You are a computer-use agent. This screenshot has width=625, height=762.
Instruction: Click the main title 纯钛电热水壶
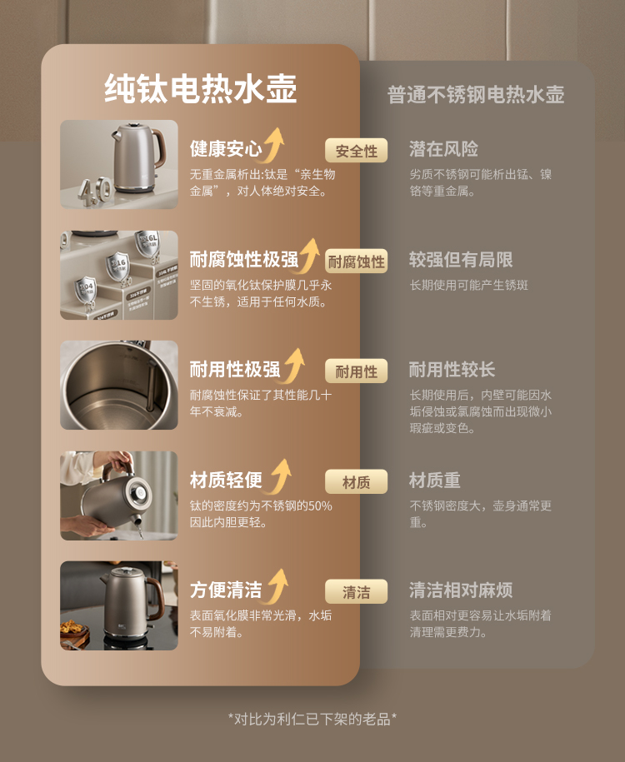pyautogui.click(x=200, y=89)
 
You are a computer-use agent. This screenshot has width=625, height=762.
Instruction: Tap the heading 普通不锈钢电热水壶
pyautogui.click(x=476, y=94)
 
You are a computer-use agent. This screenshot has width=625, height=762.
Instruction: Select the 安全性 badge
pyautogui.click(x=356, y=151)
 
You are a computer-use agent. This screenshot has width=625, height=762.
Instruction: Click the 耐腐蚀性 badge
pyautogui.click(x=356, y=261)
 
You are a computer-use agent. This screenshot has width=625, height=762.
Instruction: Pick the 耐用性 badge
pyautogui.click(x=356, y=371)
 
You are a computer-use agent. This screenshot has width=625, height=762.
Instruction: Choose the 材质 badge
pyautogui.click(x=356, y=481)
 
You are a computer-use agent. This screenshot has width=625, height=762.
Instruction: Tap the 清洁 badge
pyautogui.click(x=356, y=591)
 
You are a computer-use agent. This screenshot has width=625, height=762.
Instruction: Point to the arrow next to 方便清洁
pyautogui.click(x=277, y=586)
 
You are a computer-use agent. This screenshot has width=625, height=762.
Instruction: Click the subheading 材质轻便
pyautogui.click(x=226, y=480)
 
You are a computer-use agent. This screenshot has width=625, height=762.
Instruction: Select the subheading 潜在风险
pyautogui.click(x=443, y=149)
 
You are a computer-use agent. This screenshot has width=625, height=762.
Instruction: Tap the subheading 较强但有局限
pyautogui.click(x=461, y=260)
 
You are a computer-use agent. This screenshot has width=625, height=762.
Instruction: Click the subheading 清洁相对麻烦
pyautogui.click(x=461, y=590)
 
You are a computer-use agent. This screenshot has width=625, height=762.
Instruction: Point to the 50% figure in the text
pyautogui.click(x=320, y=506)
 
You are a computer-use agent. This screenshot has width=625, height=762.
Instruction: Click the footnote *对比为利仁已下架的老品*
pyautogui.click(x=312, y=719)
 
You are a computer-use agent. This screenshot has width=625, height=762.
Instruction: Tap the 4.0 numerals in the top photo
pyautogui.click(x=94, y=191)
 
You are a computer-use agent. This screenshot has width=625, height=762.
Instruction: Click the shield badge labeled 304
pyautogui.click(x=86, y=290)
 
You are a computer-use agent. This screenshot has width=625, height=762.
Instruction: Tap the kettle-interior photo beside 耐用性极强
pyautogui.click(x=118, y=385)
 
